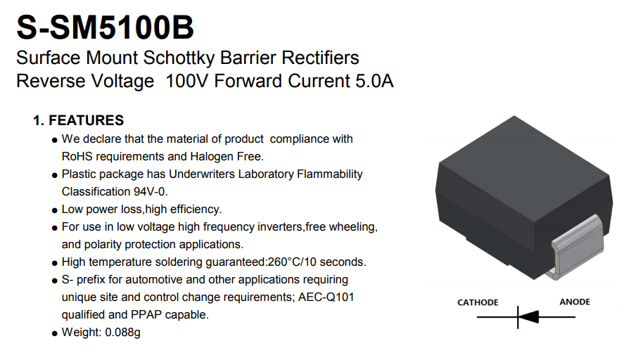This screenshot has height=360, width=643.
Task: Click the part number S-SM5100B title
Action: (x=105, y=27)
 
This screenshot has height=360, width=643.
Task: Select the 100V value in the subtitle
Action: (x=187, y=81)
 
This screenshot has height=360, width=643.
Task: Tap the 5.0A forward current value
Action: (x=374, y=81)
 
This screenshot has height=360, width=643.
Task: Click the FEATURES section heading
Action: (x=86, y=120)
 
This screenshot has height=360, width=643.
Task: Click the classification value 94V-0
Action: (x=151, y=191)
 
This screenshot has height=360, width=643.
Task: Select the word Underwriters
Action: (x=202, y=174)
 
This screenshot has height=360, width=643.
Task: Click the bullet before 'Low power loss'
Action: (x=55, y=211)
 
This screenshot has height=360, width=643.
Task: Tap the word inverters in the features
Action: (x=281, y=226)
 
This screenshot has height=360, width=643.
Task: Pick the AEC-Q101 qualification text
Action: (x=326, y=297)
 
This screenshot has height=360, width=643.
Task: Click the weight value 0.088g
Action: (x=122, y=332)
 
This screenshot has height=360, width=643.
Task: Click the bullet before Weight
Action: (x=55, y=334)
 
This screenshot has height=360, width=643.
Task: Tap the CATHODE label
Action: (x=478, y=302)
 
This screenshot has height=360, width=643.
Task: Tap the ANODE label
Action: (x=575, y=302)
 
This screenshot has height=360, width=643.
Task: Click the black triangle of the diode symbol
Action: (x=528, y=317)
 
